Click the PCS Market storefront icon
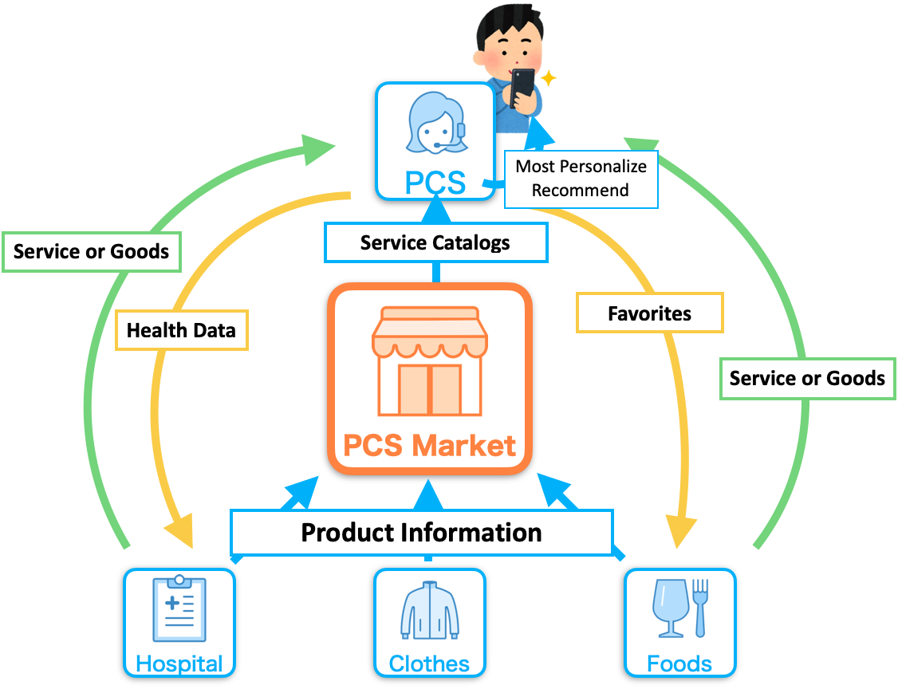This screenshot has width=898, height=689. (x=430, y=361)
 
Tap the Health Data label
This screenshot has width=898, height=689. (x=182, y=330)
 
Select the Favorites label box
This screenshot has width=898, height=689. (x=649, y=313)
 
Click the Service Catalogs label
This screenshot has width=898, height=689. (x=435, y=243)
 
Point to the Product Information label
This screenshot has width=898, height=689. (x=422, y=533)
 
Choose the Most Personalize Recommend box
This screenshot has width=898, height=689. (x=581, y=179)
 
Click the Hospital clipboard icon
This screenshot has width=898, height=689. (x=179, y=608)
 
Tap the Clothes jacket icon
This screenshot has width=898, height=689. (x=430, y=611)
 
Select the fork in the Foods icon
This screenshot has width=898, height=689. (x=700, y=608)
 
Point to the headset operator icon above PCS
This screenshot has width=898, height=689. (x=436, y=123)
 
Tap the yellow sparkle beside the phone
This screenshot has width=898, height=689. (x=548, y=78)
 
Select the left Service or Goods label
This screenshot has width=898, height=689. (x=92, y=251)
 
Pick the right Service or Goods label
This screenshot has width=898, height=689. (x=808, y=379)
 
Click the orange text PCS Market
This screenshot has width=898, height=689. (x=430, y=446)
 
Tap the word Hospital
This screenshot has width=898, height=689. (x=179, y=663)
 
